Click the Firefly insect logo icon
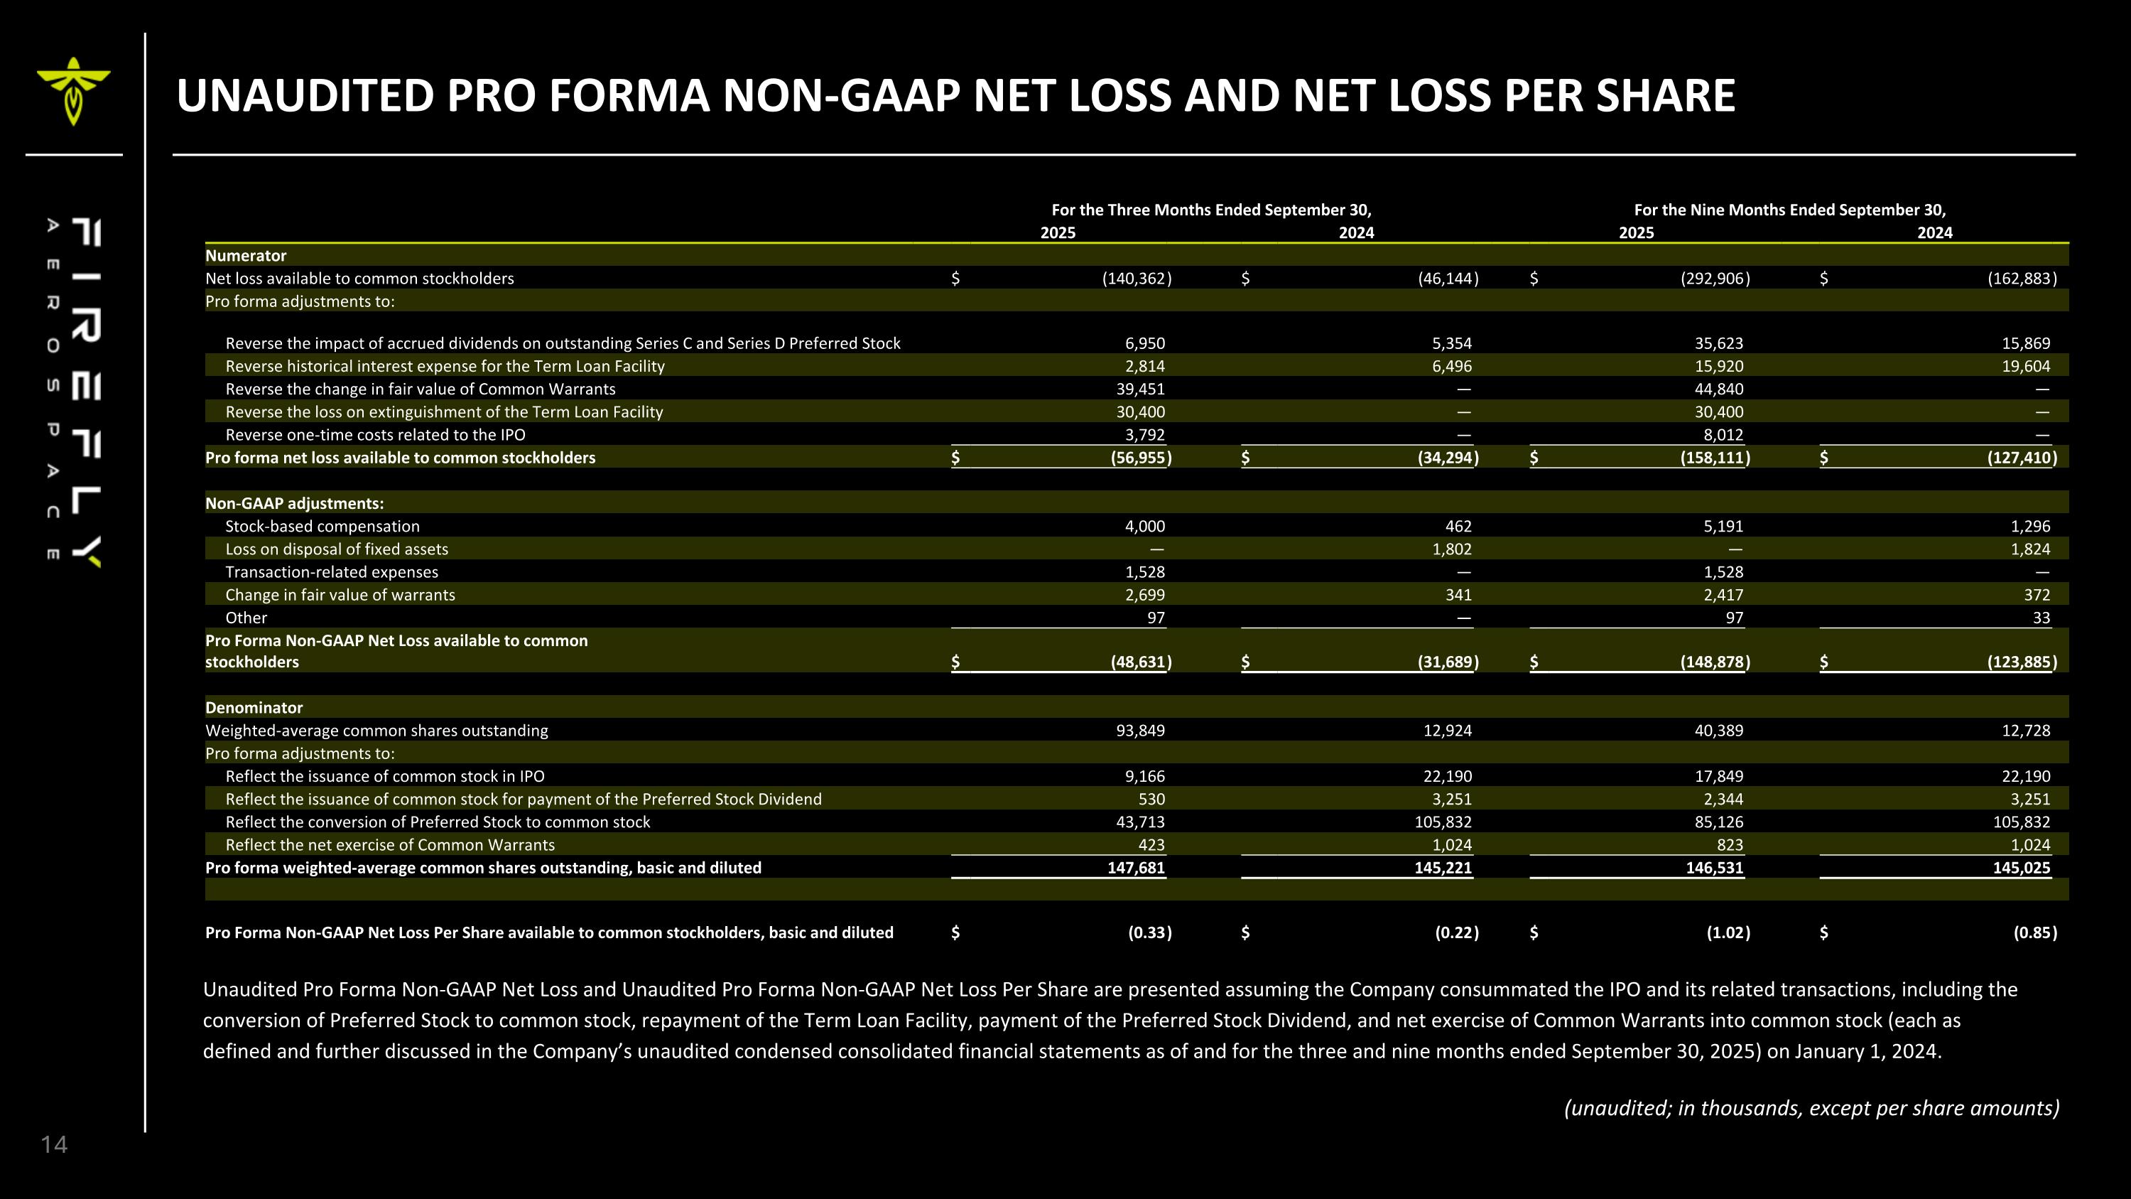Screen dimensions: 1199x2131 (x=72, y=90)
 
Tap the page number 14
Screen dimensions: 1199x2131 (x=54, y=1144)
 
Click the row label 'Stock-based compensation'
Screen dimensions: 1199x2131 (x=322, y=526)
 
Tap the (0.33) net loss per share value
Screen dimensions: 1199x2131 (x=1149, y=932)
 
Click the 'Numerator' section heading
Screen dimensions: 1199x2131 (x=245, y=256)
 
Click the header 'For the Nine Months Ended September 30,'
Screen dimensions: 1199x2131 (x=1789, y=210)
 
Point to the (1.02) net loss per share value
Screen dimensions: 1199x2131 (x=1728, y=932)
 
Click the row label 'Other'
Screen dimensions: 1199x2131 (x=246, y=618)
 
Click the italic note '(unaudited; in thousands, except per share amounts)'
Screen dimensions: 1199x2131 (x=1811, y=1108)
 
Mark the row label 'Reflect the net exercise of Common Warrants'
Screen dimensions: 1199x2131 (x=390, y=845)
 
